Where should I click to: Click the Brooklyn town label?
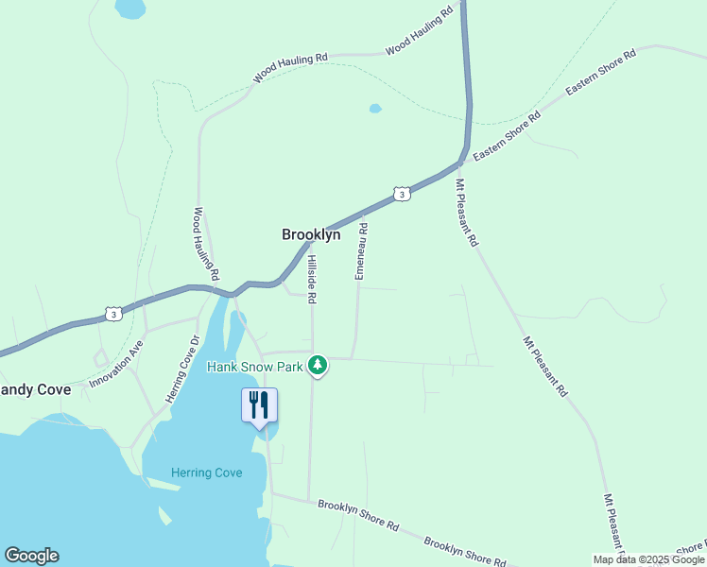311,234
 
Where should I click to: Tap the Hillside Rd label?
311,279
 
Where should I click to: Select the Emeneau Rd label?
360,250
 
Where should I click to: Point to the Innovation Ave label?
116,364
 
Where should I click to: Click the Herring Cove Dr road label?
183,369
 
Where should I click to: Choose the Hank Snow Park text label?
254,365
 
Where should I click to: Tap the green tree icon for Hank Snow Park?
319,365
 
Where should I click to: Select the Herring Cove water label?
207,472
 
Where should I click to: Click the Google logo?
31,556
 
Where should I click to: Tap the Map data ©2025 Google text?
649,559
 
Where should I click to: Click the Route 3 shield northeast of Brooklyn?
403,194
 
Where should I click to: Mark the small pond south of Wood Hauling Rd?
375,109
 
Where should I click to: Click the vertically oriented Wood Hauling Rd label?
206,244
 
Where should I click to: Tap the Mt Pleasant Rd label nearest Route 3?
467,213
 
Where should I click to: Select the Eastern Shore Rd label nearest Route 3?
507,136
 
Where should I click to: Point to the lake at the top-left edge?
129,9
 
